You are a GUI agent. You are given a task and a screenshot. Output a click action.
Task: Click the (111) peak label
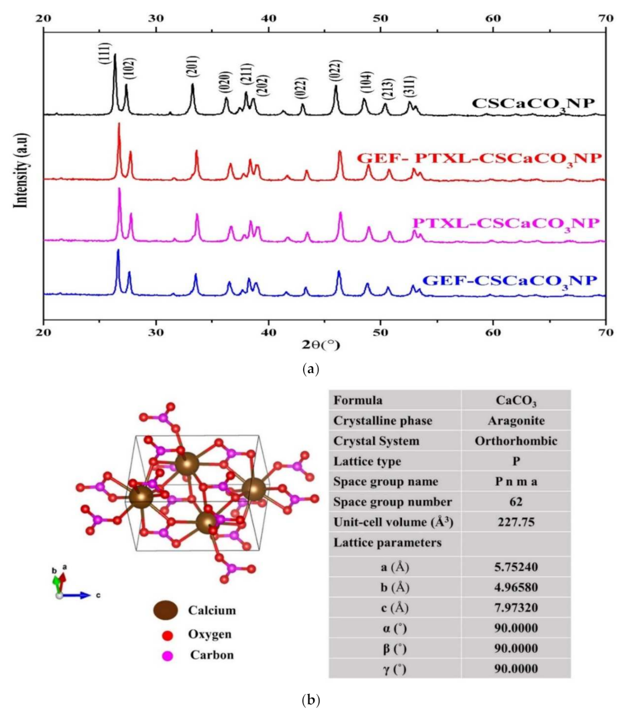click(x=105, y=54)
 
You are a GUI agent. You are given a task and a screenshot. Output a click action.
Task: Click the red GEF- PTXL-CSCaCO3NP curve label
click(x=479, y=158)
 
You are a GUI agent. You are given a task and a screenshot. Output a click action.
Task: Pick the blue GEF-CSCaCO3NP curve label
click(x=510, y=281)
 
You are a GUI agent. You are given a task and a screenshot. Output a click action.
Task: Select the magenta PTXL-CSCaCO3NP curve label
click(x=506, y=223)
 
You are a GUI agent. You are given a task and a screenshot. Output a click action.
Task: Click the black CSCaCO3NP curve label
click(x=533, y=104)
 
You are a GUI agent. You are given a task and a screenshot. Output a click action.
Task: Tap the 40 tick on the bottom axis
click(x=268, y=332)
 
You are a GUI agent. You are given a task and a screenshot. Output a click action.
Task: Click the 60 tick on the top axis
click(x=493, y=19)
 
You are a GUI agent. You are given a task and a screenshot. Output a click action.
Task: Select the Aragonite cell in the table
click(x=516, y=421)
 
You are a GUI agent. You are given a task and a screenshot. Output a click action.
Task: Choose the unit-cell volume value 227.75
click(x=516, y=522)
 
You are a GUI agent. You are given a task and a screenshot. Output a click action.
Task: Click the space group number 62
click(x=516, y=502)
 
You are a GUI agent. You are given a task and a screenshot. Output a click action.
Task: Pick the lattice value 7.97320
click(x=516, y=608)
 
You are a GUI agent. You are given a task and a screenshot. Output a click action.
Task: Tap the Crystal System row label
click(x=376, y=441)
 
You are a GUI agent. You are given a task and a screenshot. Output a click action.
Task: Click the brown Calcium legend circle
click(x=166, y=610)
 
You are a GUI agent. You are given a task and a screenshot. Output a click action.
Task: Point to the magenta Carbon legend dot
click(x=167, y=655)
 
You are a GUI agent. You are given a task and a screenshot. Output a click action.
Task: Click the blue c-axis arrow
click(x=79, y=595)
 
